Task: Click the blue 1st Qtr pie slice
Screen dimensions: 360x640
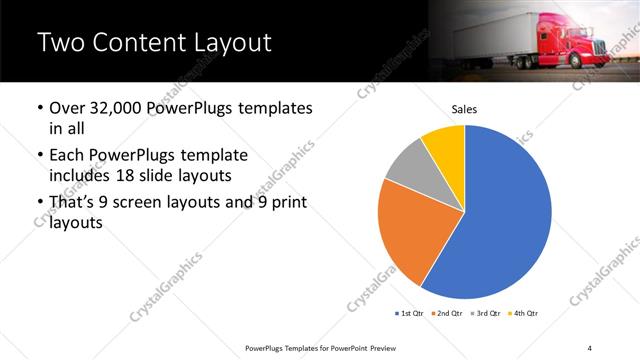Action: point(505,215)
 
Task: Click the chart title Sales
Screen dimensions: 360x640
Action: point(465,108)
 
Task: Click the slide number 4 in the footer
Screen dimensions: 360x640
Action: point(589,347)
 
